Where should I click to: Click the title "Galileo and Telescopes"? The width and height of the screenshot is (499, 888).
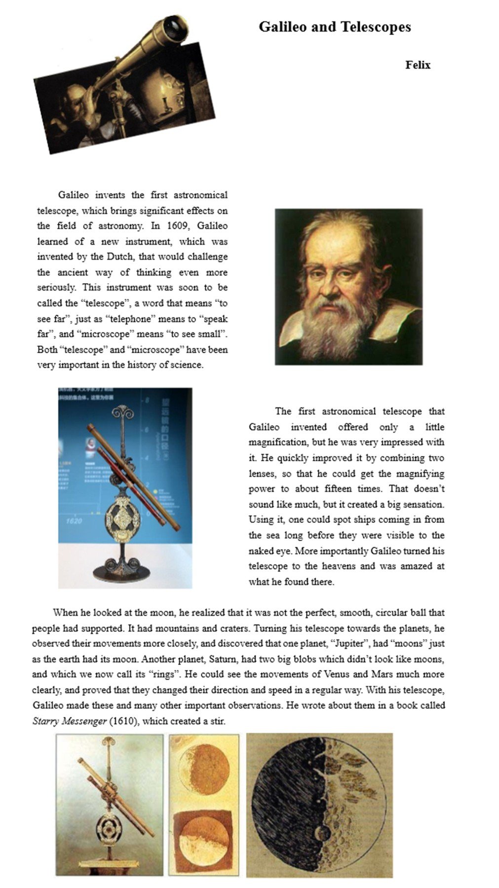click(335, 27)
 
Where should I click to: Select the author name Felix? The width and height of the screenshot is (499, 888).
click(418, 65)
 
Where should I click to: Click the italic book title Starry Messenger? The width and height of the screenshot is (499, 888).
click(69, 721)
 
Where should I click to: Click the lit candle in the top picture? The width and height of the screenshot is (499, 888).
click(165, 93)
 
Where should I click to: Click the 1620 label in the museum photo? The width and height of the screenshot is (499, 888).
click(74, 520)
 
